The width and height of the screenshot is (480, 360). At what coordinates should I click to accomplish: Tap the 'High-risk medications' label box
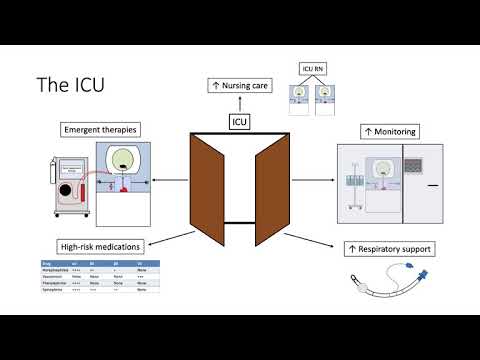99,246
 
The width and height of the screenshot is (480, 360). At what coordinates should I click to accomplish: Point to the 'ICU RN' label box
312,68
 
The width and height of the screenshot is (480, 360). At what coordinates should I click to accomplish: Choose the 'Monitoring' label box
389,131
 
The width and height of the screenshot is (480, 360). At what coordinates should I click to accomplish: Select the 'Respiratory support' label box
389,247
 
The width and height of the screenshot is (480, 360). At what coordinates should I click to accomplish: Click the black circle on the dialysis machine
68,191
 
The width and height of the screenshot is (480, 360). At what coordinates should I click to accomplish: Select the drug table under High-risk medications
101,276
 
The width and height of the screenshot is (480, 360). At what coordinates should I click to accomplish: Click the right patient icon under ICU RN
324,94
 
